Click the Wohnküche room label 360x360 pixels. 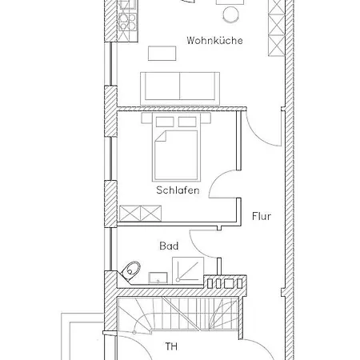(214, 40)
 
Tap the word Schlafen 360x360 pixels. (178, 191)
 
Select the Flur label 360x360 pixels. (262, 216)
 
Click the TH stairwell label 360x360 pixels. (170, 346)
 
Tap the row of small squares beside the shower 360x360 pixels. (223, 282)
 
